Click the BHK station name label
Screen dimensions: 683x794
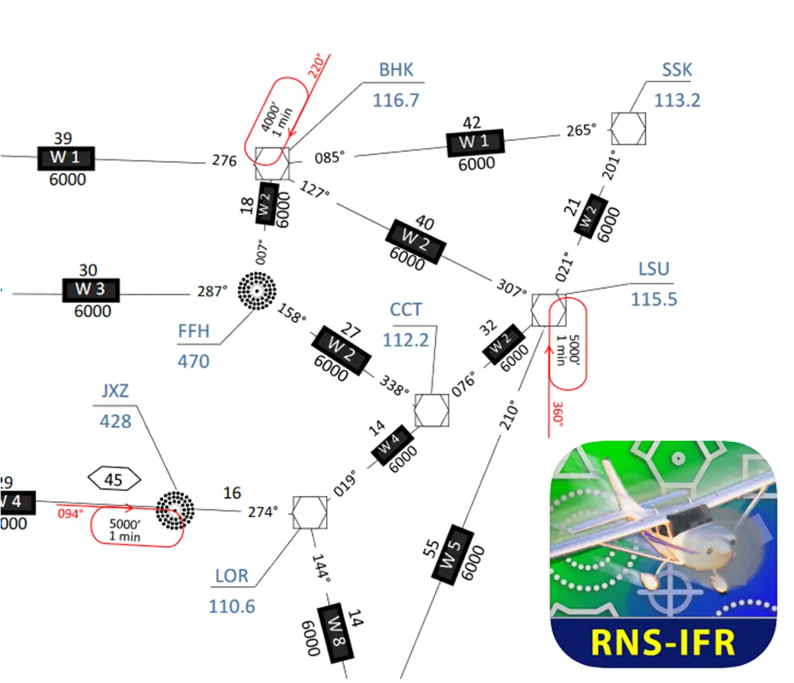396,70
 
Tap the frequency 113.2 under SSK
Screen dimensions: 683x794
677,101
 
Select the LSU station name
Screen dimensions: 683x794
654,270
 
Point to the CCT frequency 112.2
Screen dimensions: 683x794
406,340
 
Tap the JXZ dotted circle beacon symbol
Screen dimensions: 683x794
174,508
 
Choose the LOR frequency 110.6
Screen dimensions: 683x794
232,606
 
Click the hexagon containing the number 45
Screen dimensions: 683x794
114,480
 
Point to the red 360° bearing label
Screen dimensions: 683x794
558,414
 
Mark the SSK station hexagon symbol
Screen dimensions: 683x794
629,129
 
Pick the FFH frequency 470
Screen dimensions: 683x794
194,361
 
